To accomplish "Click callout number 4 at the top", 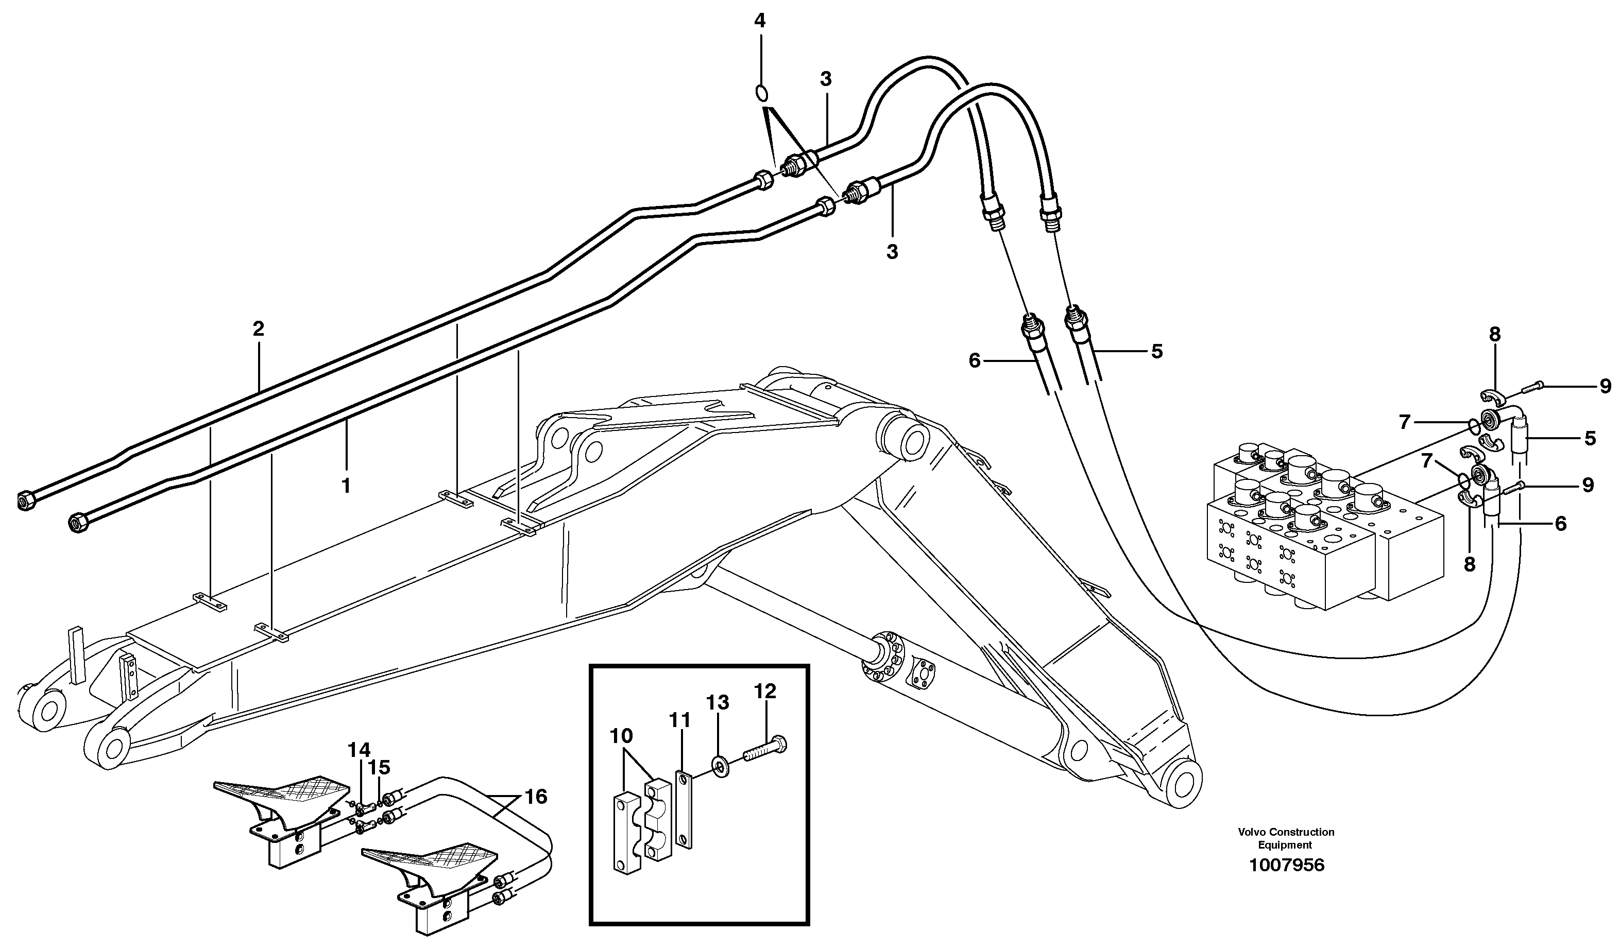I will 760,21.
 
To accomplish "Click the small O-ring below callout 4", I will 760,93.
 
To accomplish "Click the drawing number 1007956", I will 1286,865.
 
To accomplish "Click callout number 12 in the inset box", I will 765,691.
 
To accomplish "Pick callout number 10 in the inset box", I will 621,735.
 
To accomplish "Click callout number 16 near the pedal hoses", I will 536,797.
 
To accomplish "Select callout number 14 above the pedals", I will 360,750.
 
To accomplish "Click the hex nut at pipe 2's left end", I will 25,499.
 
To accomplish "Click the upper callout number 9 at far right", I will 1605,386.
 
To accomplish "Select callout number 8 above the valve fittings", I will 1495,334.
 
